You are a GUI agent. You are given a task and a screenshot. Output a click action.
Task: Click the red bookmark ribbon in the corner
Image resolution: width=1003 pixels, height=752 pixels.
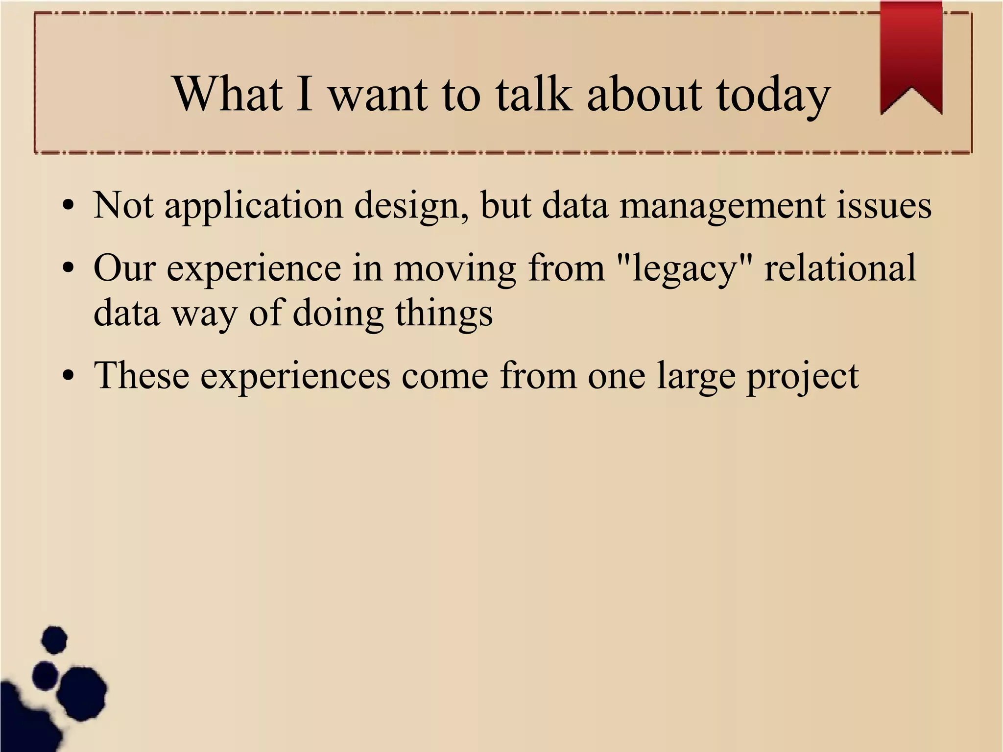coord(911,54)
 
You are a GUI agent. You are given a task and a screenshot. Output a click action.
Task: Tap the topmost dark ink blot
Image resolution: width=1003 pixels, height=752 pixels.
coord(54,639)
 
